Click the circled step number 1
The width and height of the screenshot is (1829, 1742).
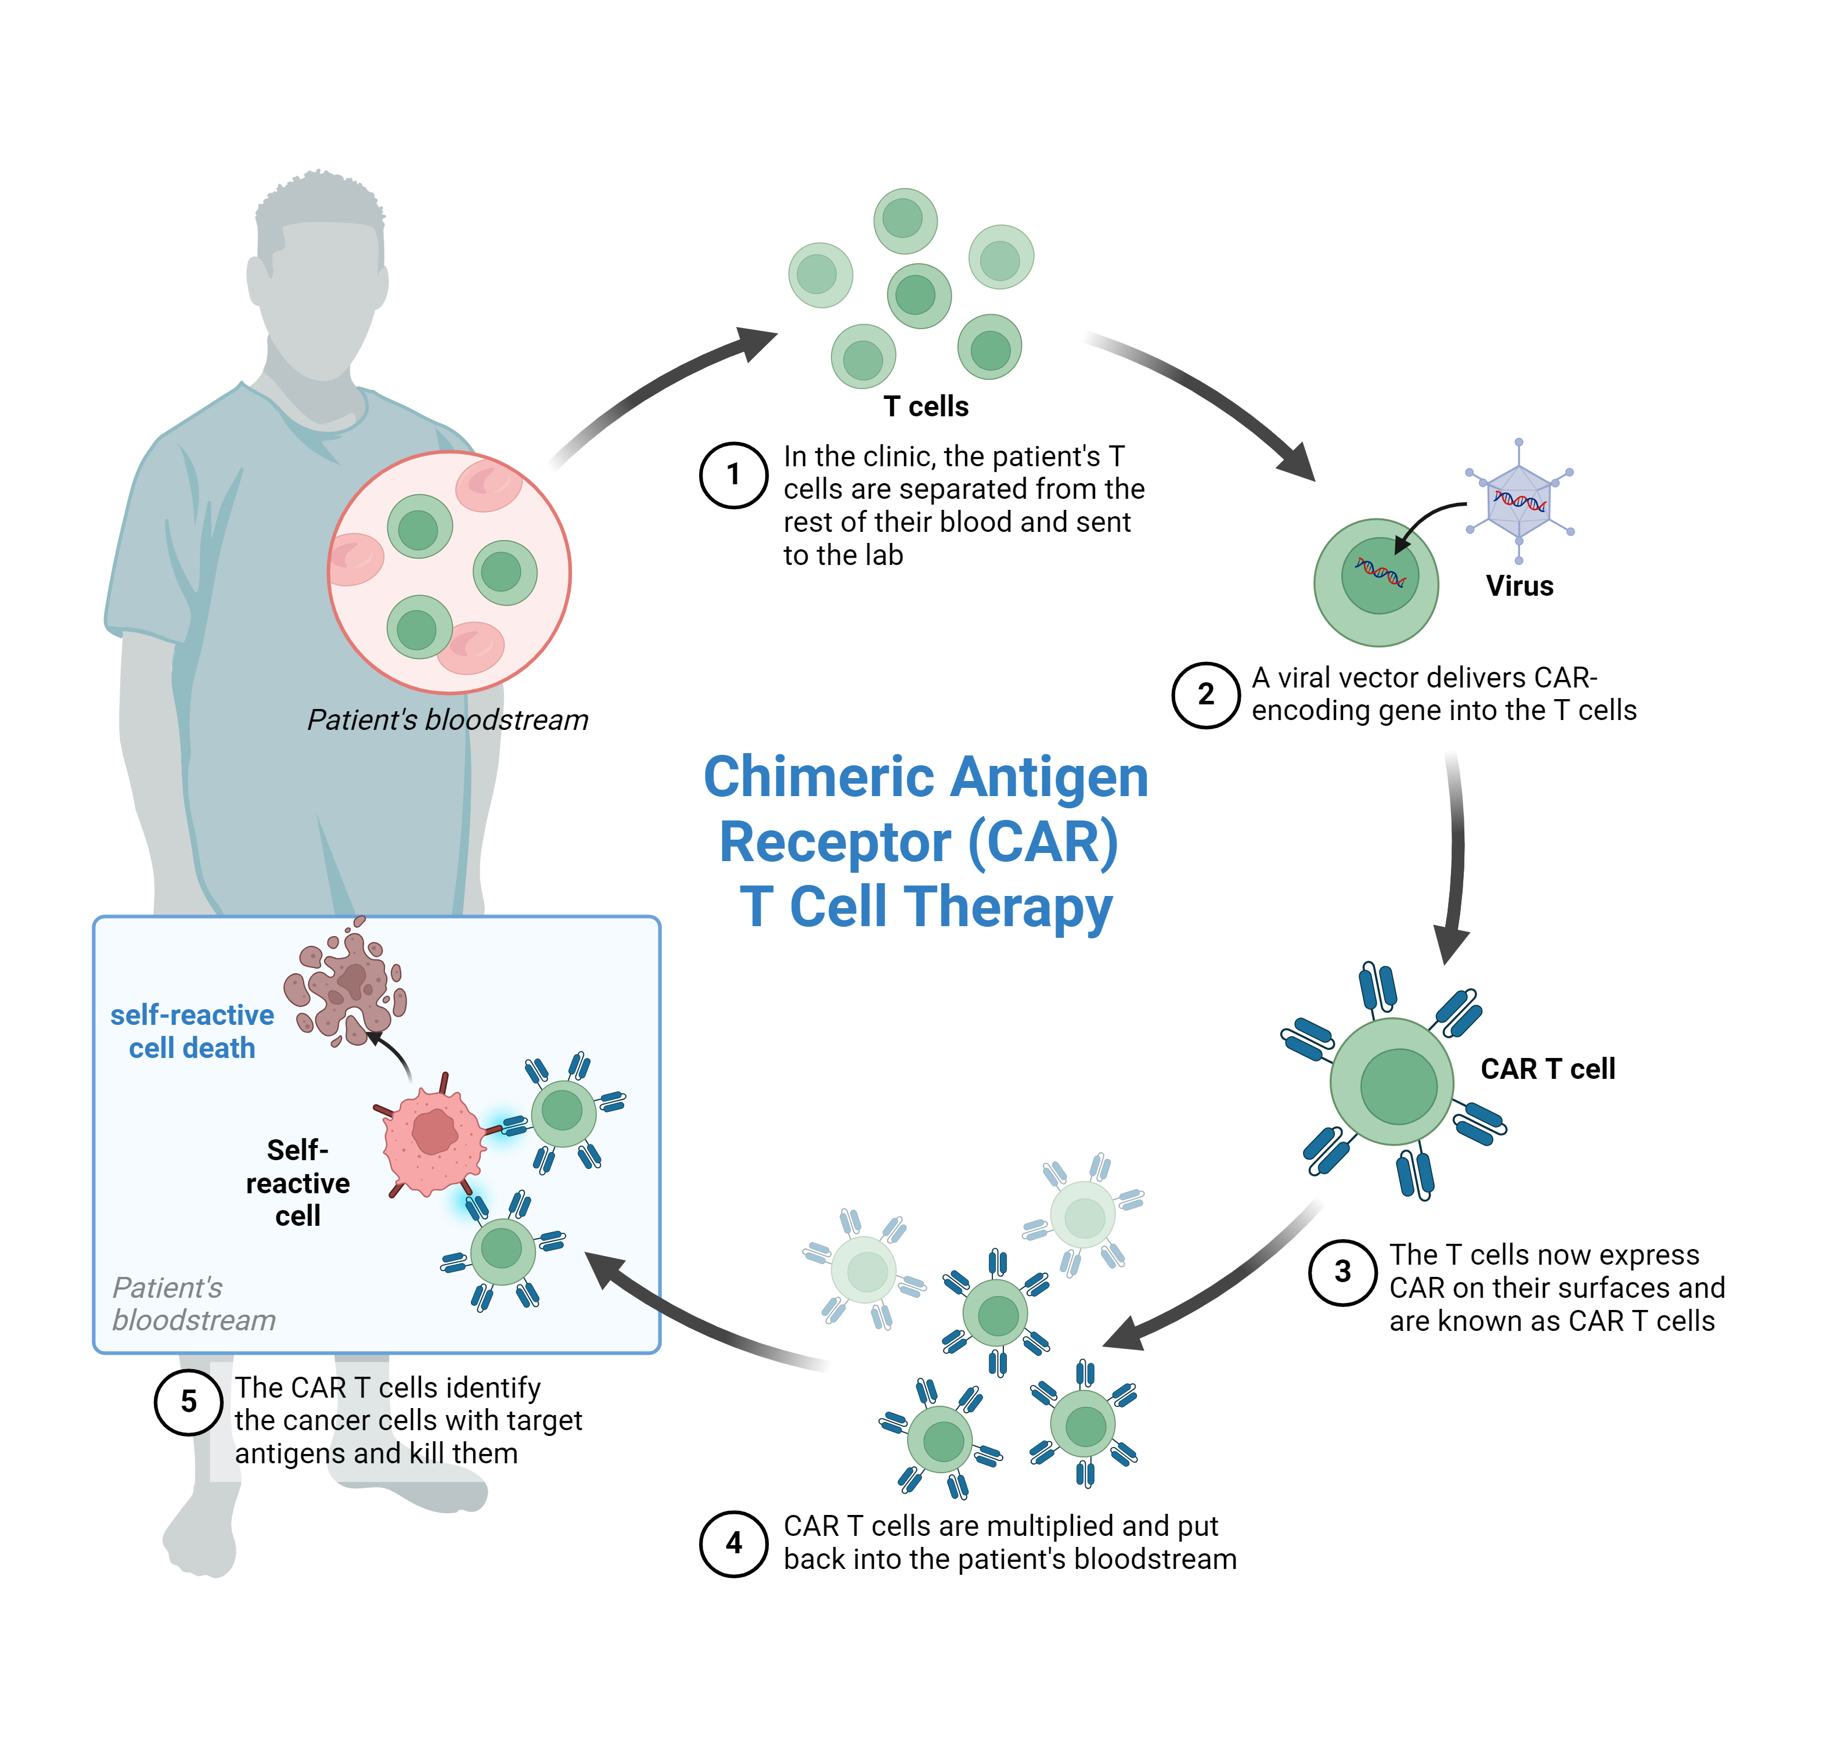733,474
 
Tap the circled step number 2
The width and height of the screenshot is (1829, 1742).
1205,694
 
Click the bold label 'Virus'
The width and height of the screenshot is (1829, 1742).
1519,586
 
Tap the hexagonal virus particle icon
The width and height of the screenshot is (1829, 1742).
1519,502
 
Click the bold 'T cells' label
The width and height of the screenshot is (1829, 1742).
926,406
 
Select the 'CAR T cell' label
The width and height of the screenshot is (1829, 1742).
1548,1069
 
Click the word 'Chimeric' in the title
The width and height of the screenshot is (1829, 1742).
817,776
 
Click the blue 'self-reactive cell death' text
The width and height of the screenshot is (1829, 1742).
192,1031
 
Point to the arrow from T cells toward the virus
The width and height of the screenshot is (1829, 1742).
1207,399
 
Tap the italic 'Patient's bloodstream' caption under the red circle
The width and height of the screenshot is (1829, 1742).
448,719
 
